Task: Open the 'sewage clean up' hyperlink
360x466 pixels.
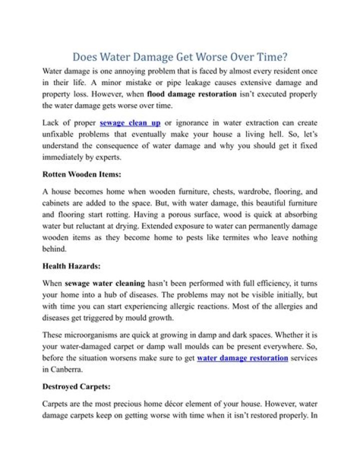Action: pos(130,123)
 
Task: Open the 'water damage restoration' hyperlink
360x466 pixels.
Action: pos(242,358)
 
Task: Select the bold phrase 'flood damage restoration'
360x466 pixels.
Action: pos(191,94)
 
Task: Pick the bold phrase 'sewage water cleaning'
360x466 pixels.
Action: pos(105,283)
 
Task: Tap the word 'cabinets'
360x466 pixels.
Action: pos(58,203)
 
